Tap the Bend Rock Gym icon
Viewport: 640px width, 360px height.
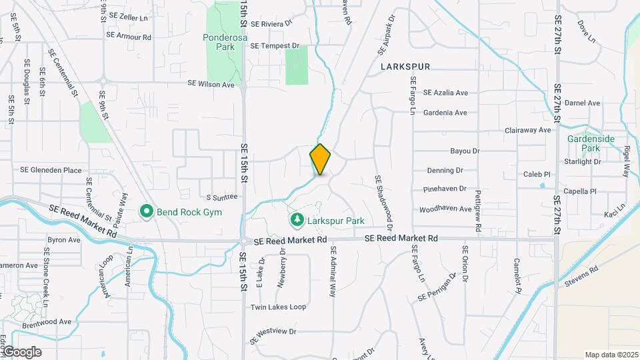coord(147,212)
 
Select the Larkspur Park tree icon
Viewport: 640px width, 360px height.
coord(296,219)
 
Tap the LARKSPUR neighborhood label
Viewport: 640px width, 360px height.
coord(405,67)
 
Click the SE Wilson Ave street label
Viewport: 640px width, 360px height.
coord(211,85)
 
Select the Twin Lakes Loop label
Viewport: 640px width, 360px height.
coord(278,307)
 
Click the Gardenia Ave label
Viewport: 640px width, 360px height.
coord(445,113)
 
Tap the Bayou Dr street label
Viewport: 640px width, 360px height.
coord(465,151)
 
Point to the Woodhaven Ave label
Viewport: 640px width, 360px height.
coord(445,209)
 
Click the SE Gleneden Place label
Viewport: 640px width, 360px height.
coord(51,170)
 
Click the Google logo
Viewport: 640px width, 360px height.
coord(21,352)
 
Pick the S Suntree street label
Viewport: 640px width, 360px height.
coord(222,197)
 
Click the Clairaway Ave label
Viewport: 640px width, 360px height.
coord(528,130)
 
